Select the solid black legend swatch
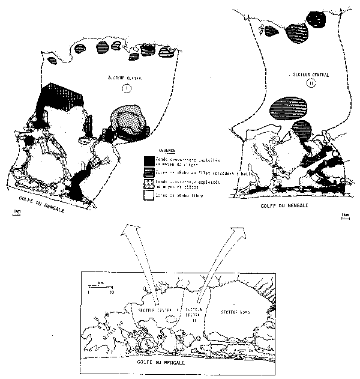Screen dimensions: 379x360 pos(148,160)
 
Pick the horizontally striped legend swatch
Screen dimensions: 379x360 pos(148,171)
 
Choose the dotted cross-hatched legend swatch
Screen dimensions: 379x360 pos(148,181)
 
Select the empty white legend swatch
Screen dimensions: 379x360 pos(148,192)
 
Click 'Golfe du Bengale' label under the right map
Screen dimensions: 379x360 pos(281,206)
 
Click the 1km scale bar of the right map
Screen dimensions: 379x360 pos(344,214)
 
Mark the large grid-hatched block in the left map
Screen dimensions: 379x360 pos(63,95)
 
